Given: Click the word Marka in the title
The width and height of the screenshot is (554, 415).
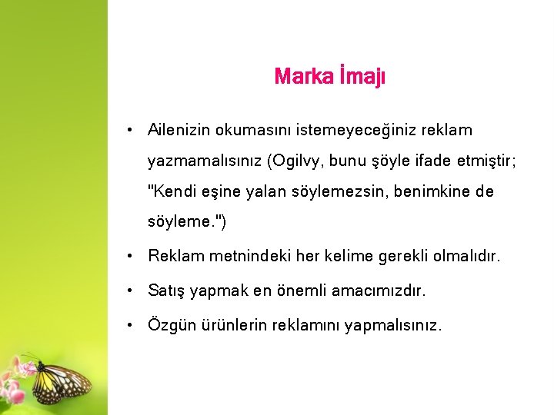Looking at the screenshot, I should pos(302,77).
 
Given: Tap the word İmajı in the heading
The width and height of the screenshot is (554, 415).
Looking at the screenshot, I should pos(361,78).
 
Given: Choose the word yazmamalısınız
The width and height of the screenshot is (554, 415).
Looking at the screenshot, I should pos(205,162).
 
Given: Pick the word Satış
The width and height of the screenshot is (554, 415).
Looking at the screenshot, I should pos(166,290).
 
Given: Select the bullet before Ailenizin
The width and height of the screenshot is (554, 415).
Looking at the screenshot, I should pos(133,131).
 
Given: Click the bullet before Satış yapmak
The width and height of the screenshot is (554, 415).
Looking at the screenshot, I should pos(133,290).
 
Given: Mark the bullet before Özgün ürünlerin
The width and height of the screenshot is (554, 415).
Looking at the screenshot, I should pos(133,325).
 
